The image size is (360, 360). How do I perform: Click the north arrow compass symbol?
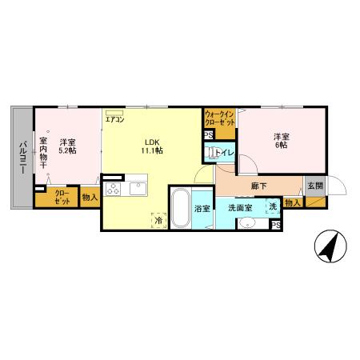(330, 246)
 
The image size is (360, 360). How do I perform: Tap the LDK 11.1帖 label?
(152, 146)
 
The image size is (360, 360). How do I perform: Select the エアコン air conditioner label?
(114, 119)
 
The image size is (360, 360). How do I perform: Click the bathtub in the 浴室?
(181, 208)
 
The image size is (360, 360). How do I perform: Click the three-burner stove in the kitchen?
(113, 189)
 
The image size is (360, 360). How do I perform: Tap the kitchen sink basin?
(138, 189)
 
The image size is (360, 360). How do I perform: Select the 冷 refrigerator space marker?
(158, 220)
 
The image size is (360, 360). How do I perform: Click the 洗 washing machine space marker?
(273, 206)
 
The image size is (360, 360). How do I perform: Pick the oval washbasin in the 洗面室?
(247, 222)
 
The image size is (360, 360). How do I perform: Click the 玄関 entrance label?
(315, 186)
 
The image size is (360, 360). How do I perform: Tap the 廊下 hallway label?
(259, 186)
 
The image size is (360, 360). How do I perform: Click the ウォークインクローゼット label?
(220, 118)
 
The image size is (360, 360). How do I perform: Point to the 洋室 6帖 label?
(282, 141)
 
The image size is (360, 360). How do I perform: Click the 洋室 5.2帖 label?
(67, 146)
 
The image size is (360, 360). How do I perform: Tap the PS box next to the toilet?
(209, 135)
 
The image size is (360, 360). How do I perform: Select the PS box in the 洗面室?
(276, 226)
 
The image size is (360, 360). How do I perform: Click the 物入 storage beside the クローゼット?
(90, 198)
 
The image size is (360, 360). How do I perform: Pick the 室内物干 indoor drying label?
(43, 153)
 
